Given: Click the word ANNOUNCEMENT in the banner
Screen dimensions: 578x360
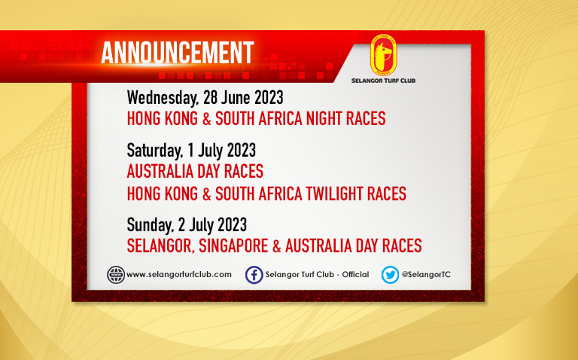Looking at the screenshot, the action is pos(178,53).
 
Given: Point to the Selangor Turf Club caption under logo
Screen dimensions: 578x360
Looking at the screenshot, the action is pos(383,81).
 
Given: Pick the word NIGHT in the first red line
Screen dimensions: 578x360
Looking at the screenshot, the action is pos(325,118).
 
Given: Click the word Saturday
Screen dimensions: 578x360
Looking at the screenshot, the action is pos(155,151).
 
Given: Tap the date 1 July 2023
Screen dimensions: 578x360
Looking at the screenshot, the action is pos(221,150).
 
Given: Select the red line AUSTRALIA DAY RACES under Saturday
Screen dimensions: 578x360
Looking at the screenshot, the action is pos(195,171).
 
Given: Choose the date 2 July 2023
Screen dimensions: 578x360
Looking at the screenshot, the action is pos(212,224).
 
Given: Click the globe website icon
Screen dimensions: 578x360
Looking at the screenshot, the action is pos(116,275).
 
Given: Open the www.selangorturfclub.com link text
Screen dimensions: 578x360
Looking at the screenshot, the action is pos(179,274).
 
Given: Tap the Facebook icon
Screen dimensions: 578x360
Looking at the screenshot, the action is pos(254,275).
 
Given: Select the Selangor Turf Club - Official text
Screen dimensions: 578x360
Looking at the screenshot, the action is pos(317,274).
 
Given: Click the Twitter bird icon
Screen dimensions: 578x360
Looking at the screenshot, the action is pos(390,275).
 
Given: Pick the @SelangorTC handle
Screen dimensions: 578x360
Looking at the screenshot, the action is pos(426,274).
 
